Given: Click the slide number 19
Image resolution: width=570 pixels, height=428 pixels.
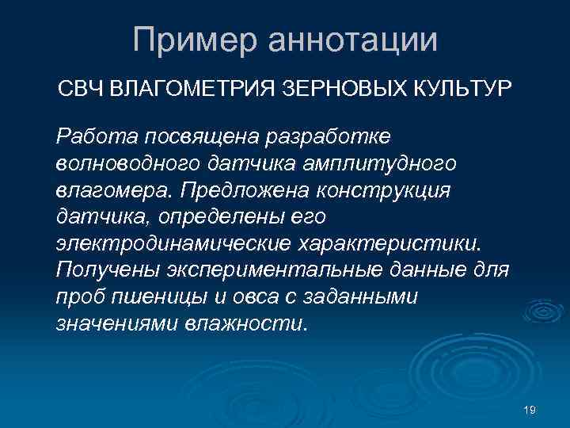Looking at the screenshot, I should click(530, 409).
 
